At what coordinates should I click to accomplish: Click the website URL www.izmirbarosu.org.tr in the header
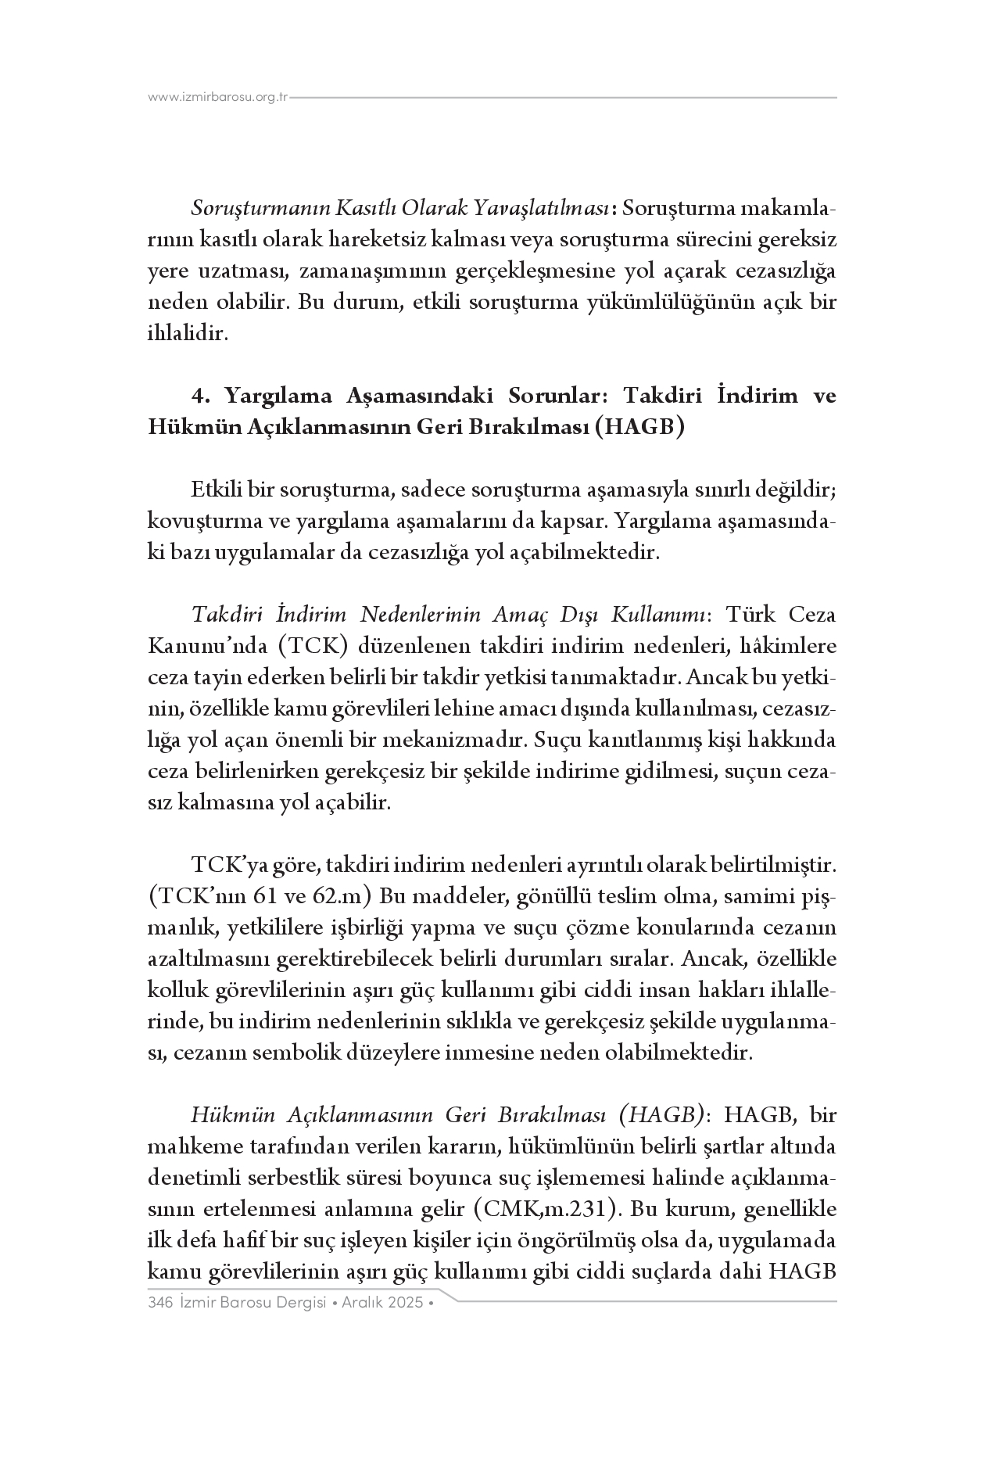pyautogui.click(x=219, y=98)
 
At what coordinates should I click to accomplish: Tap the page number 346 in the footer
pyautogui.click(x=159, y=1303)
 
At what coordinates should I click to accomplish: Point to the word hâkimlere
pyautogui.click(x=789, y=647)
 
